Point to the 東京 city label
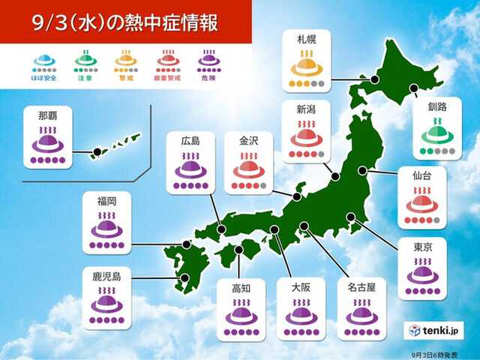[421, 246]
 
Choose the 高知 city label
[240, 285]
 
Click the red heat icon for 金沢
[248, 168]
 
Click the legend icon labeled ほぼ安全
[46, 61]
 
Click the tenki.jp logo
[436, 331]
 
